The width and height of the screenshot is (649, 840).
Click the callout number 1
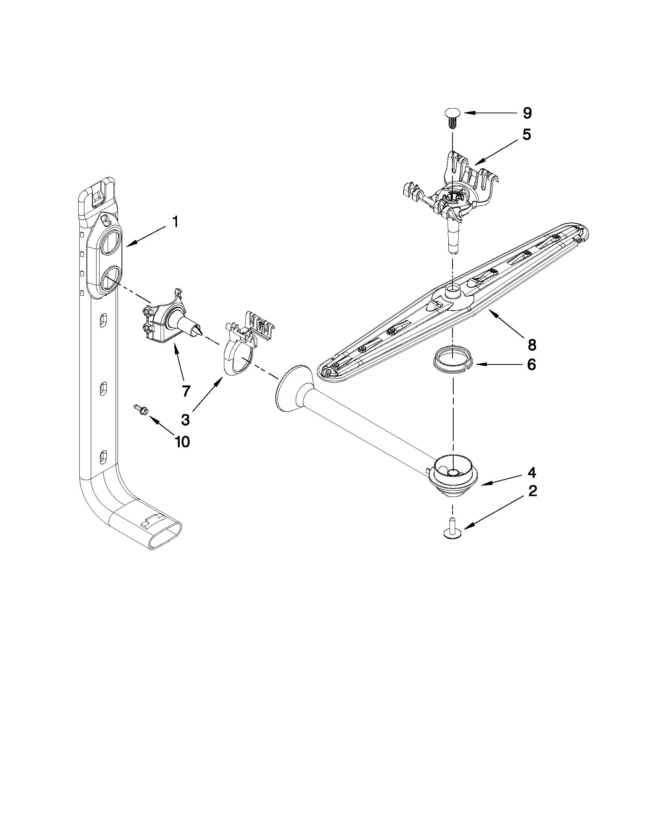(x=175, y=222)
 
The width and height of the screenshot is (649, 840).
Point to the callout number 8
(x=532, y=345)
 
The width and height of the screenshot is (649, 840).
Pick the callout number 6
(x=531, y=364)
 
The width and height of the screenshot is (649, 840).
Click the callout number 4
(x=532, y=472)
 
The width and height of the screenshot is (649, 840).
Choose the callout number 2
(x=533, y=491)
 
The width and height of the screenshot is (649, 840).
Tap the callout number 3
(x=185, y=420)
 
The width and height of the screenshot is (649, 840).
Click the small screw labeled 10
(x=138, y=409)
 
